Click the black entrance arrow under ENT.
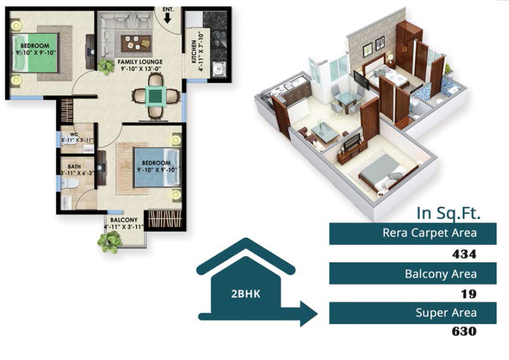tap(167, 19)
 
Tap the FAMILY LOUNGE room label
tap(140, 62)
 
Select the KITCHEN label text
tap(194, 52)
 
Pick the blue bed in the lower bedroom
tap(157, 167)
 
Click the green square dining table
tap(156, 96)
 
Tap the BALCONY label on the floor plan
tap(124, 220)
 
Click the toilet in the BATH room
tap(69, 184)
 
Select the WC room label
tap(74, 134)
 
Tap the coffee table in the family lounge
tap(137, 43)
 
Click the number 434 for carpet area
tap(464, 254)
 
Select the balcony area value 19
tap(469, 294)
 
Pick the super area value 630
tap(464, 331)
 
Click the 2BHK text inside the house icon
tap(246, 294)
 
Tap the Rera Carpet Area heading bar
tap(412, 234)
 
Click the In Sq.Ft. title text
tap(448, 213)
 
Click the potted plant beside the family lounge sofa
tap(106, 66)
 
